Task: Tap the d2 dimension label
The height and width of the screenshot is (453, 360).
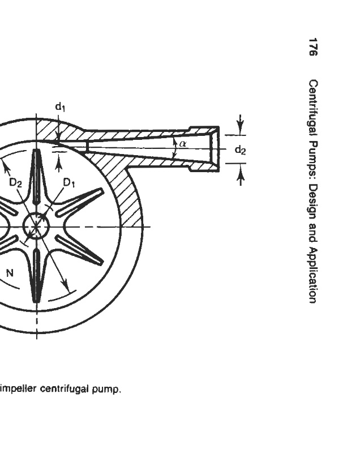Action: click(x=240, y=150)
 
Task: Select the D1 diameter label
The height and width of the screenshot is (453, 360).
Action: click(x=69, y=182)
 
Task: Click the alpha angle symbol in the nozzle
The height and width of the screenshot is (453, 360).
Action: click(x=182, y=143)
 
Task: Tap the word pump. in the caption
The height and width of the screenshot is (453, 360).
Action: click(x=109, y=388)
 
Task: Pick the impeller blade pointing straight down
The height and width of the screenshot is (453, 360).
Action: click(x=37, y=275)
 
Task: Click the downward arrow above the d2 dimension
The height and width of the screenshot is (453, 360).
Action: click(x=241, y=123)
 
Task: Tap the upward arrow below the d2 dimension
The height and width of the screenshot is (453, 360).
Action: click(x=241, y=177)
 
